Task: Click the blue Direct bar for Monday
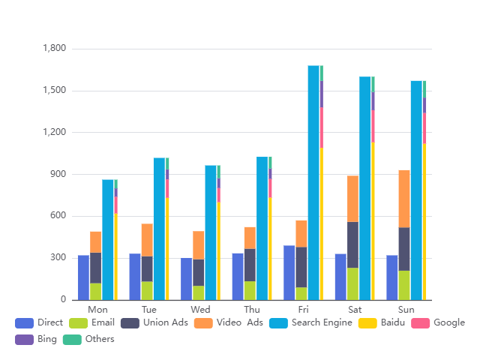pyautogui.click(x=83, y=277)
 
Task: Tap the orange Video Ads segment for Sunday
pyautogui.click(x=404, y=199)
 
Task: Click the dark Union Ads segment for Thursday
pyautogui.click(x=250, y=265)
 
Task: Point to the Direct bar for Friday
pyautogui.click(x=289, y=272)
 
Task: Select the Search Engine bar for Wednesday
pyautogui.click(x=211, y=232)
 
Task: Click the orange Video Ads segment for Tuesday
pyautogui.click(x=147, y=240)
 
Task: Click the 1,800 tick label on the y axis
pyautogui.click(x=55, y=49)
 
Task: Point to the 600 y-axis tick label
pyautogui.click(x=58, y=216)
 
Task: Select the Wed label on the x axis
pyautogui.click(x=200, y=309)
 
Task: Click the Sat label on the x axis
pyautogui.click(x=355, y=309)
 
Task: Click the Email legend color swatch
pyautogui.click(x=78, y=322)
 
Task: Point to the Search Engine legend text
pyautogui.click(x=322, y=322)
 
